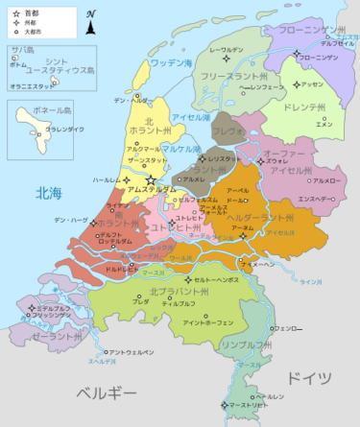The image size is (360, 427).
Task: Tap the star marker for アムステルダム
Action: pyautogui.click(x=150, y=179)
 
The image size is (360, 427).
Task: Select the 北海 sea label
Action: pyautogui.click(x=49, y=192)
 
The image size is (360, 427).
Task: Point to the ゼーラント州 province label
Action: pyautogui.click(x=54, y=337)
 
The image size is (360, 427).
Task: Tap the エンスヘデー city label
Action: pyautogui.click(x=316, y=199)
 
